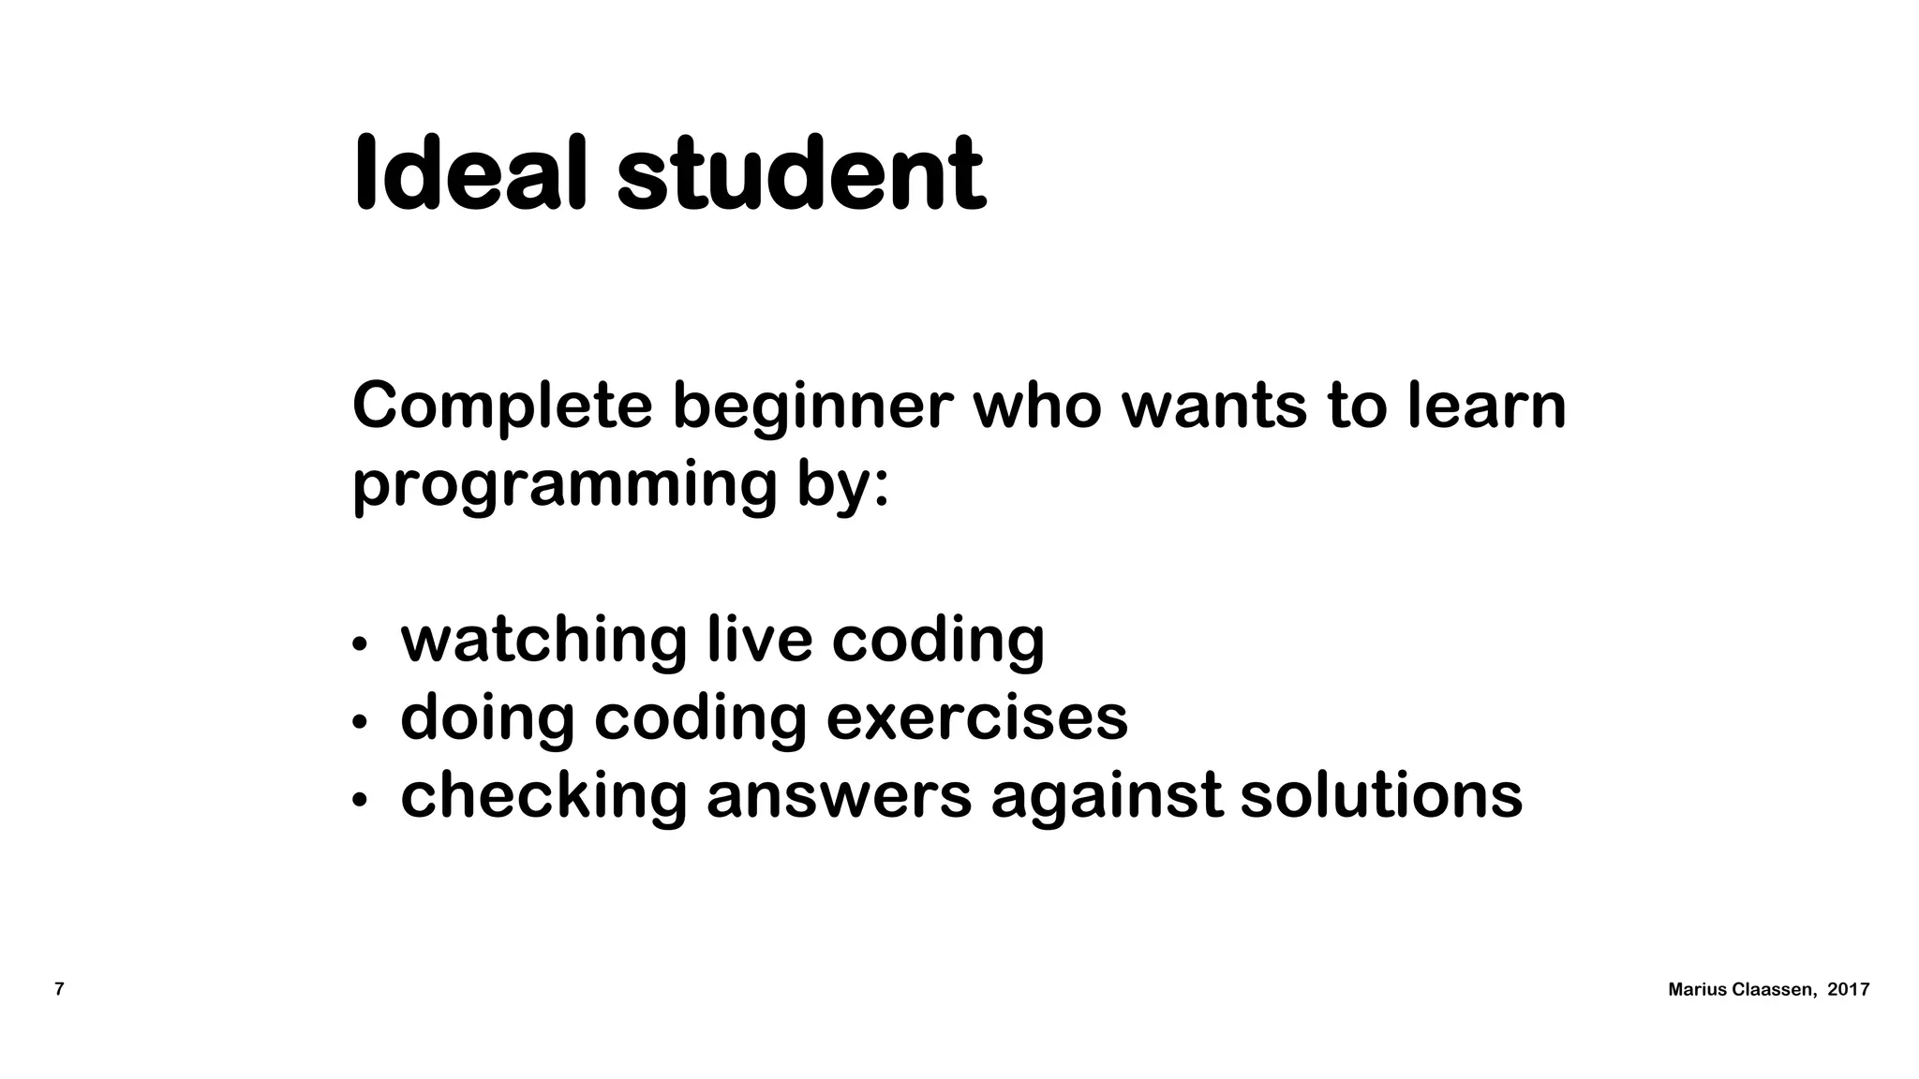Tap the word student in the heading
coord(801,175)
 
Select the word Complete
coord(502,406)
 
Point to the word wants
coord(1213,406)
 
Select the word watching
coord(543,641)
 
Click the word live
coord(759,639)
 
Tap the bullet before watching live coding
coord(359,644)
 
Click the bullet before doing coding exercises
coord(359,722)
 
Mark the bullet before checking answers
coord(359,800)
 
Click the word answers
coord(839,796)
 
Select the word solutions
coord(1381,795)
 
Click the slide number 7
coord(60,989)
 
